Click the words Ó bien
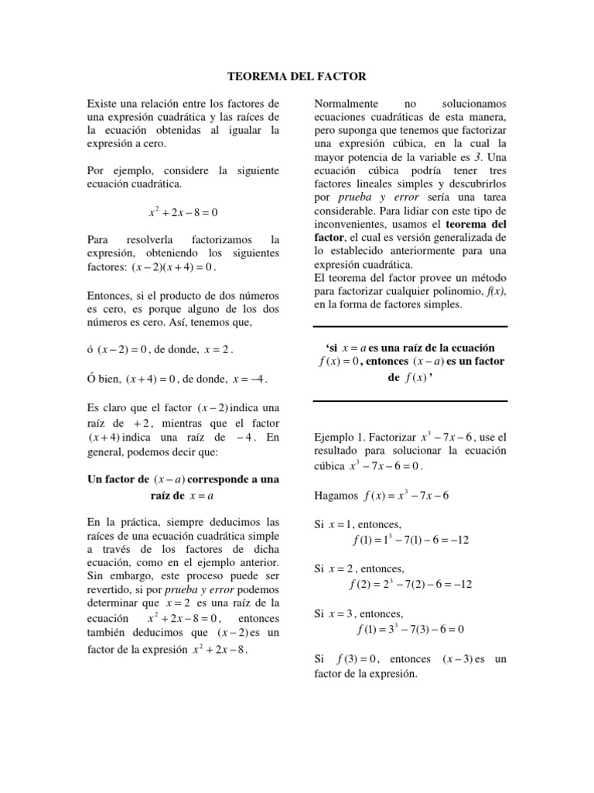tap(104, 379)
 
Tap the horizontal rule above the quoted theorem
tap(411, 327)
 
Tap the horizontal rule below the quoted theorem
tap(411, 400)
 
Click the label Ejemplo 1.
tap(340, 436)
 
